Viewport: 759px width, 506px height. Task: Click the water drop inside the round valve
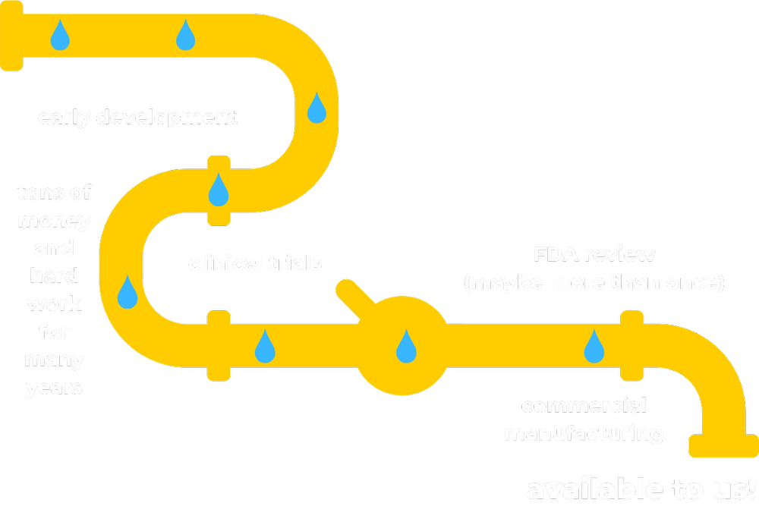(407, 347)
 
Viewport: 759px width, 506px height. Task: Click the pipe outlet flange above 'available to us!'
(722, 446)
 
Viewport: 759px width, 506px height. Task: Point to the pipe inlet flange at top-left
(11, 35)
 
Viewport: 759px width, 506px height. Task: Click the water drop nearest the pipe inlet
(60, 35)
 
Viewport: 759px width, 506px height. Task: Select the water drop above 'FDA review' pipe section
(594, 346)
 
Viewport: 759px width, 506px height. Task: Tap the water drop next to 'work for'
(128, 292)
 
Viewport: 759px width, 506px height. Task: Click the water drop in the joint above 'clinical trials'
(219, 190)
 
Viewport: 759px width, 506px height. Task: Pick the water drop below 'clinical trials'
(264, 346)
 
